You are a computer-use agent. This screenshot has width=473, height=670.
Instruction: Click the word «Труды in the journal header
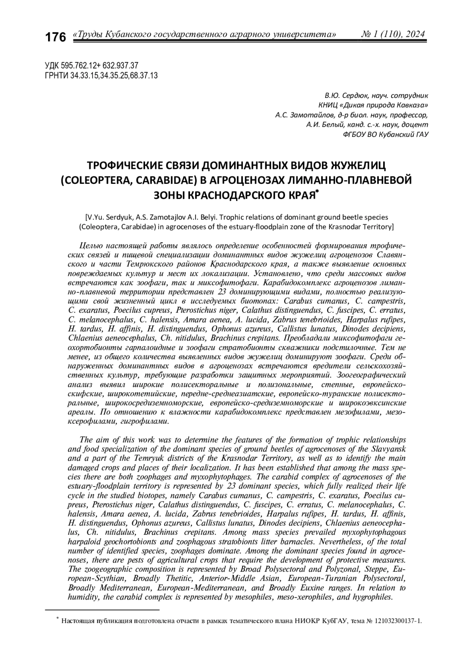point(88,35)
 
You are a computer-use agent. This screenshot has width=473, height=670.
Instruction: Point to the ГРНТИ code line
point(102,75)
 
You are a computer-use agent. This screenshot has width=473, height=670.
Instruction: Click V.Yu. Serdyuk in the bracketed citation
point(108,217)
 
